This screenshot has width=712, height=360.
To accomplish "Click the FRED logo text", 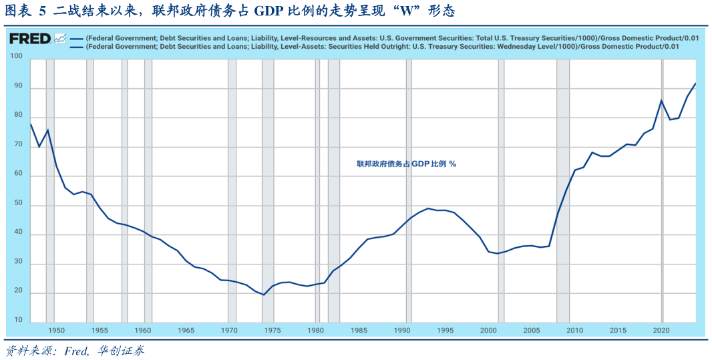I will [29, 39].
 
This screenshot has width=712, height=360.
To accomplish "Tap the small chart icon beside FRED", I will [59, 39].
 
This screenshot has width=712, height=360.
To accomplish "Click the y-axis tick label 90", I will [18, 87].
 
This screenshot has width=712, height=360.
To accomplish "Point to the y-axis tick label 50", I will [18, 204].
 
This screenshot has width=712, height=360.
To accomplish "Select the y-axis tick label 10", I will [18, 321].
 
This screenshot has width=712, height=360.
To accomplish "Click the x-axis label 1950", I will [56, 331].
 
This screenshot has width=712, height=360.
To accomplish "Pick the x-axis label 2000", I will [488, 331].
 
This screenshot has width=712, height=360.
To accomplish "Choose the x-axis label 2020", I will [661, 331].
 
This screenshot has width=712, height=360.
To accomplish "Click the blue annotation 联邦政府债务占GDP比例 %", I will [406, 164].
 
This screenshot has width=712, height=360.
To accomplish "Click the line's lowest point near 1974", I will [263, 295].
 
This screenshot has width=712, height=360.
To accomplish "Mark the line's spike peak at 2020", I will [661, 100].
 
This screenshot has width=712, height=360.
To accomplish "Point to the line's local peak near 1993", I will [428, 208].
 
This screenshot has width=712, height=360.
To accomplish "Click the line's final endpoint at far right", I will [696, 83].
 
